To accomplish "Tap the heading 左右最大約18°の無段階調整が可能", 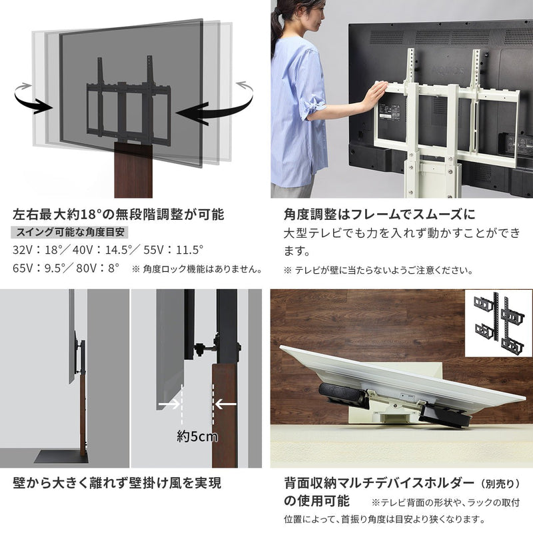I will click(x=119, y=215).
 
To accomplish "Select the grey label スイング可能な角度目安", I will click(x=71, y=233).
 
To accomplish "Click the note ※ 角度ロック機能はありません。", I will click(x=197, y=270).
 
